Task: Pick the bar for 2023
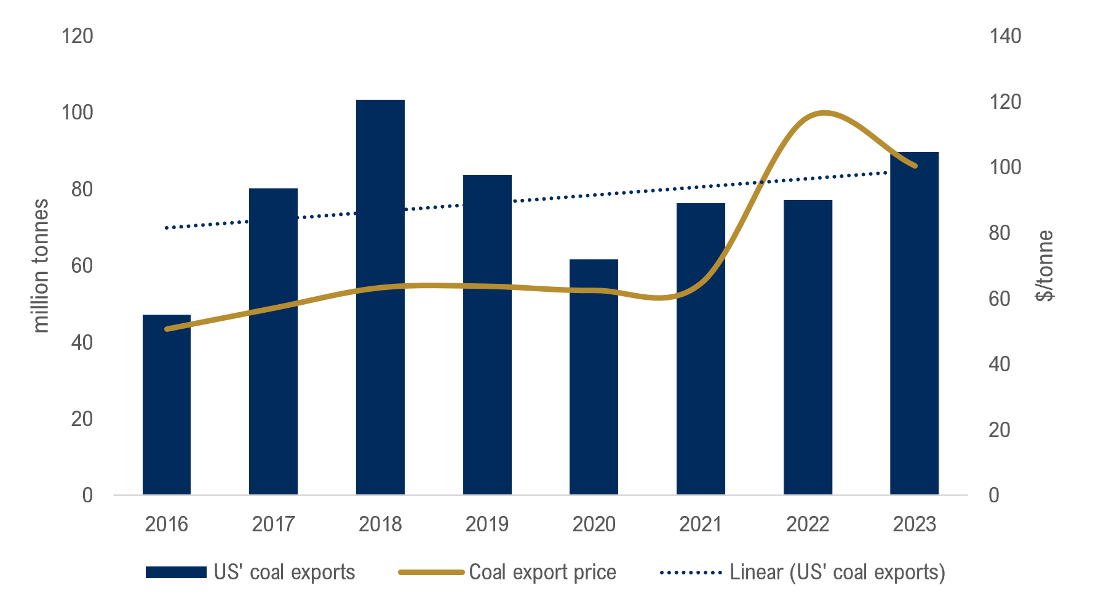[914, 323]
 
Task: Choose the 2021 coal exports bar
[701, 348]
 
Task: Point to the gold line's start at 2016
[167, 329]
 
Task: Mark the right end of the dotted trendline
[886, 173]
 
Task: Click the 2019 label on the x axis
[487, 525]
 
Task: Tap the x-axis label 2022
[807, 525]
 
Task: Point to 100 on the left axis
[78, 113]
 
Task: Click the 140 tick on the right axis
[1005, 36]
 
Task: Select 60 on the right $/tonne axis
[1000, 299]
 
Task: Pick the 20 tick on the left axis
[82, 419]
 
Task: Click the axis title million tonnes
[41, 266]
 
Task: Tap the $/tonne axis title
[1044, 266]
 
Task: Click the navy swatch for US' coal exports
[176, 573]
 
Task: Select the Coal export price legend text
[542, 573]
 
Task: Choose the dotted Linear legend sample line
[690, 573]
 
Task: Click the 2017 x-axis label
[273, 525]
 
